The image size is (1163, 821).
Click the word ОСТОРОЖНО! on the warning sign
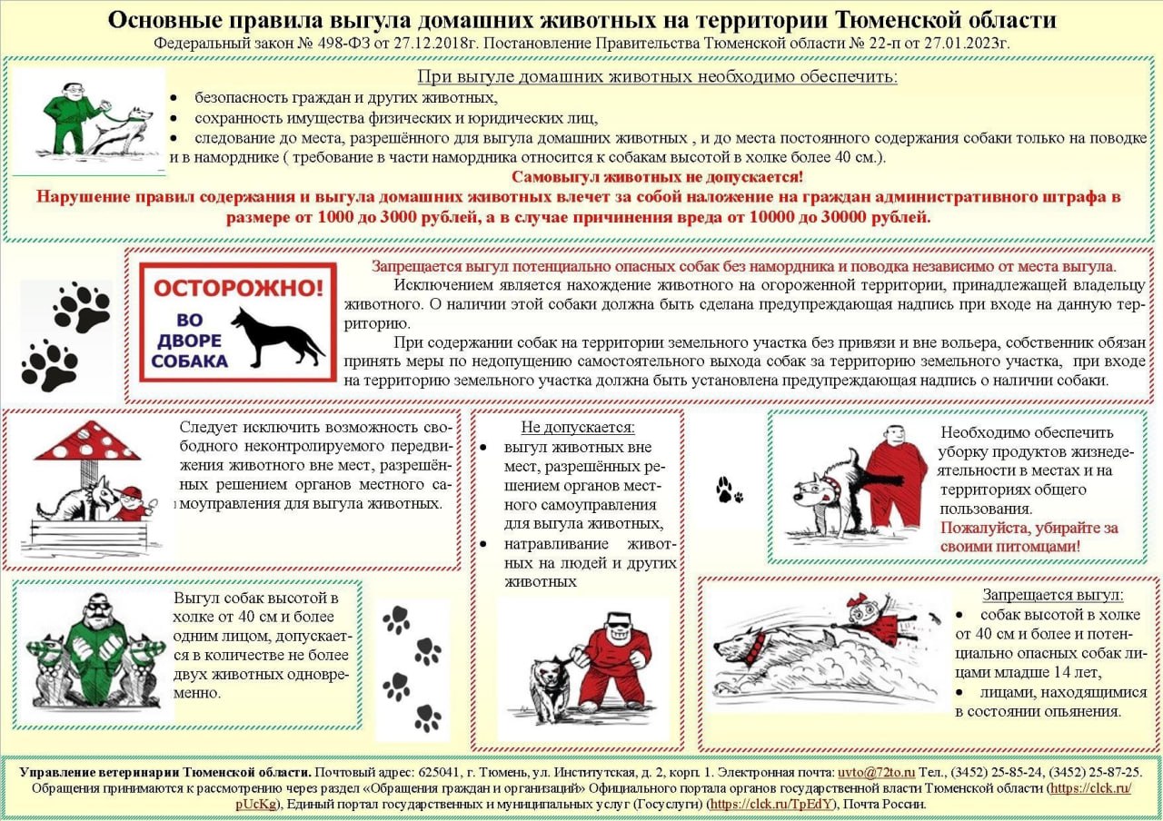237,289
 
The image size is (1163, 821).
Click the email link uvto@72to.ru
876,772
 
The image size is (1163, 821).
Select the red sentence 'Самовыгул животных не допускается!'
657,177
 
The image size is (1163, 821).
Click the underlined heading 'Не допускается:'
577,427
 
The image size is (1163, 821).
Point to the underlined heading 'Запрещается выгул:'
1052,595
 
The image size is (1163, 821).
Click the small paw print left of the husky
728,490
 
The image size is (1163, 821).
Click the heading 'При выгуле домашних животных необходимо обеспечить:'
657,76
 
